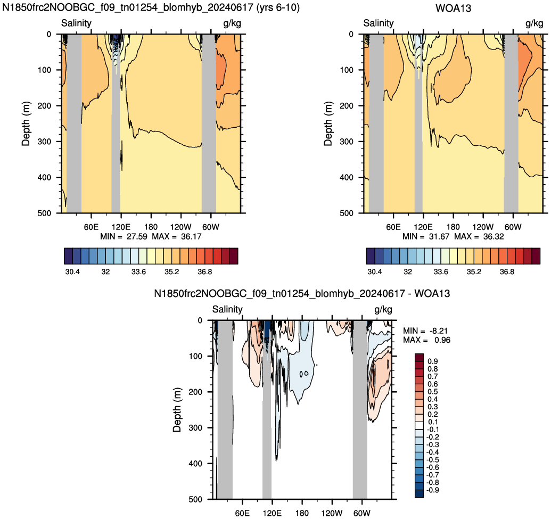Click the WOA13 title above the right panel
(x=453, y=8)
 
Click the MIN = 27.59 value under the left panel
(x=124, y=236)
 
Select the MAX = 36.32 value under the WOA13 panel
(x=479, y=236)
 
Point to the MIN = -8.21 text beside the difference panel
(x=425, y=331)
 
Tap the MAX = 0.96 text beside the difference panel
(x=426, y=340)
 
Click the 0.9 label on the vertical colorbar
(x=433, y=361)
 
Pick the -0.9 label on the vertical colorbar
(x=433, y=490)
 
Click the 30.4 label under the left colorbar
(x=72, y=271)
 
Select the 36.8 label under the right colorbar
(x=507, y=271)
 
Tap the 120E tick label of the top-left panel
(x=121, y=227)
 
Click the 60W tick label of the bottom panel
(x=362, y=513)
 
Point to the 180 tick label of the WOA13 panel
(x=453, y=227)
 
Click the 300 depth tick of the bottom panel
(x=195, y=427)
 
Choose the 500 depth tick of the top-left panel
(x=44, y=213)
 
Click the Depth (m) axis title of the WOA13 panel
(x=328, y=123)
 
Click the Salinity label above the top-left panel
(x=76, y=23)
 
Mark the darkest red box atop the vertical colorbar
(x=419, y=357)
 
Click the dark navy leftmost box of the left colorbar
(x=69, y=256)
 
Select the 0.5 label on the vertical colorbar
(x=433, y=391)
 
